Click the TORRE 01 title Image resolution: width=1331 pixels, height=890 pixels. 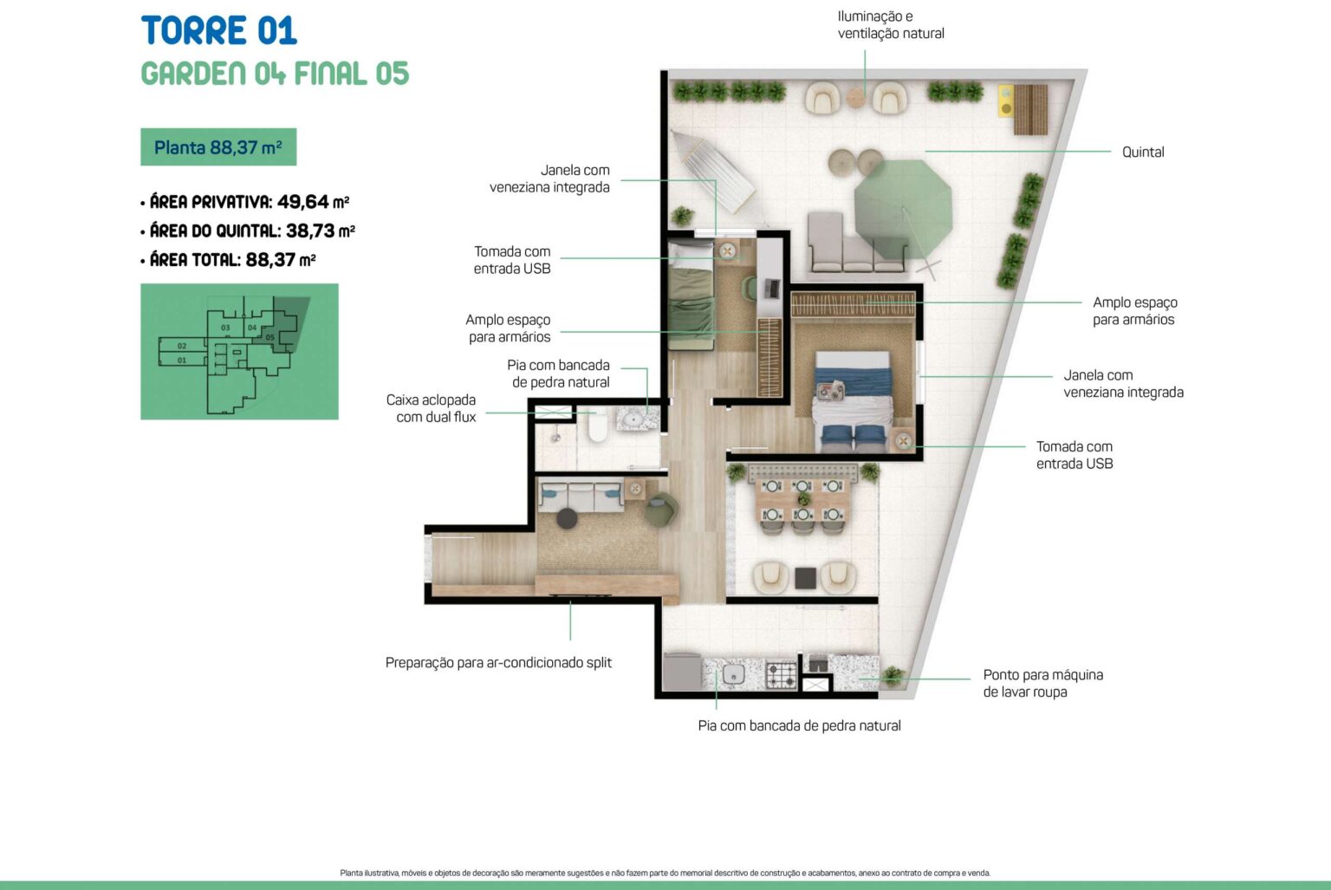pos(218,31)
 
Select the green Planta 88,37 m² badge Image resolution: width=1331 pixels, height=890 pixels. pos(218,146)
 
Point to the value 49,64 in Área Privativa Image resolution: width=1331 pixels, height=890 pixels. pos(303,202)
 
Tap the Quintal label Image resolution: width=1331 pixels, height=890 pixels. pos(1143,153)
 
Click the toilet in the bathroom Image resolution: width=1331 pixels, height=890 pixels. pos(598,425)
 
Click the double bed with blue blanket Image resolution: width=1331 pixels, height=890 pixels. pos(854,401)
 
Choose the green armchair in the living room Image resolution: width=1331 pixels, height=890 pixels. pos(661,510)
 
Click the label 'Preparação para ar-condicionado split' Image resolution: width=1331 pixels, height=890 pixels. pos(498,662)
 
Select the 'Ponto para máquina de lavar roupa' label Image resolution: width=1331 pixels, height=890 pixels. pos(1042,683)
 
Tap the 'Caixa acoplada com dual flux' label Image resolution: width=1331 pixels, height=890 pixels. pos(431,408)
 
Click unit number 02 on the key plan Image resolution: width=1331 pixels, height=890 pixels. pos(182,346)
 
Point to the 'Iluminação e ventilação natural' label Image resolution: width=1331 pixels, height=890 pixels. pos(891,25)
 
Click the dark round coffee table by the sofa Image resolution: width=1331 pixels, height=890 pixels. pos(567,518)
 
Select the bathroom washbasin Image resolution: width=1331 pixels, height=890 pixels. pos(634,420)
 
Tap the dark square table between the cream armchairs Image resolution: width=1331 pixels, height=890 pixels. pos(805,578)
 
